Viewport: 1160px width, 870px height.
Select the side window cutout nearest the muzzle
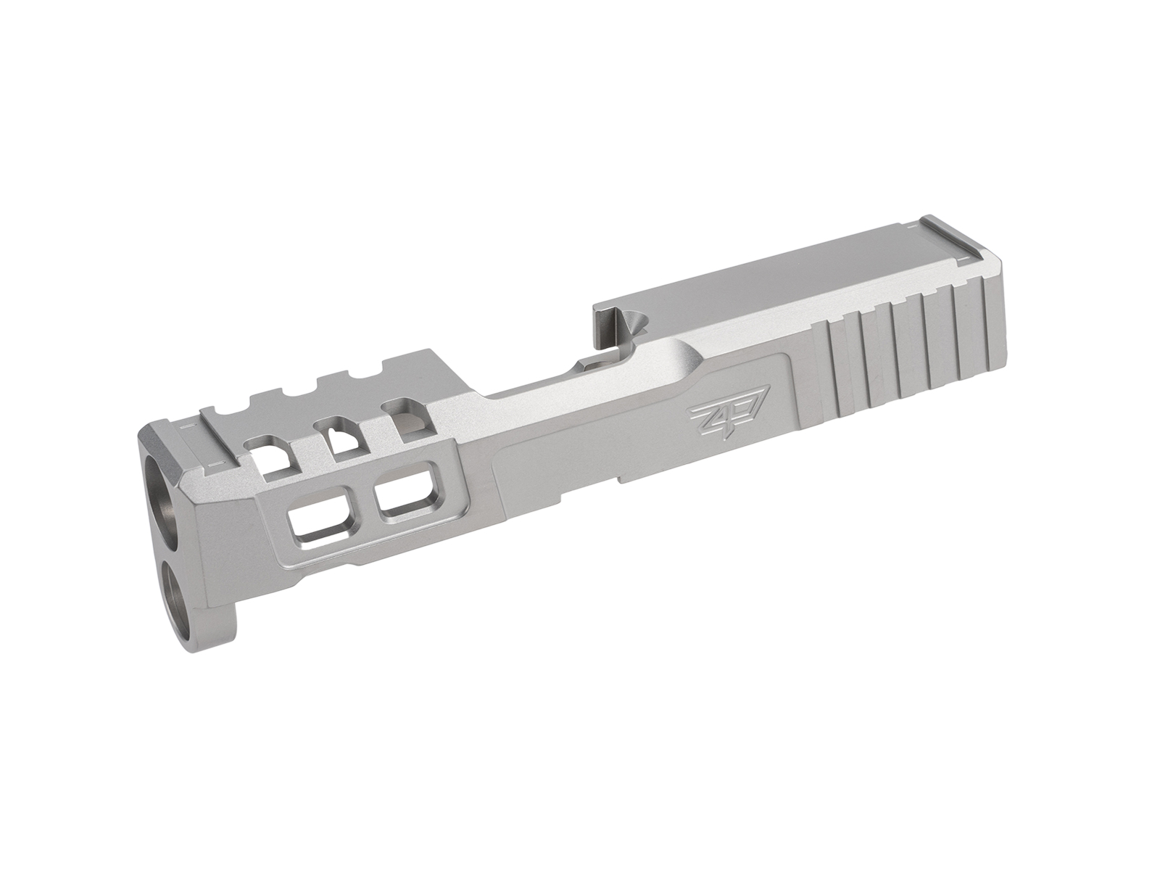pyautogui.click(x=317, y=518)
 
